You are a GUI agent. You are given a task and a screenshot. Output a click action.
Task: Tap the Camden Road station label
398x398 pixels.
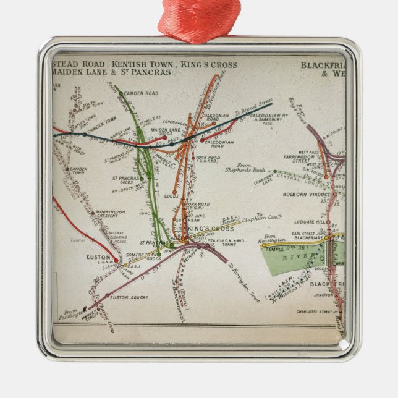143,93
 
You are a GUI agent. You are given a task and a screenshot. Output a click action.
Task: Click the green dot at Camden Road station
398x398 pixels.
121,93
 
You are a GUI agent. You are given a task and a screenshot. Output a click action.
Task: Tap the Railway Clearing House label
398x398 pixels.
118,234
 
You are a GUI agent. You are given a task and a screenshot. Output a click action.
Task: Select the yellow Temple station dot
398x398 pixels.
264,245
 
